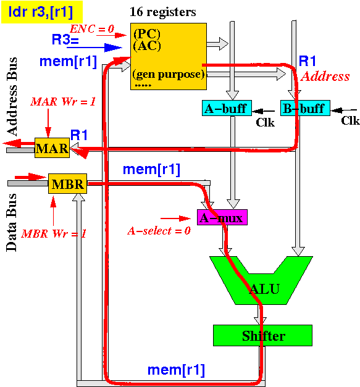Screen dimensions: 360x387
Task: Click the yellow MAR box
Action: point(52,148)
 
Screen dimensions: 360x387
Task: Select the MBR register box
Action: point(67,184)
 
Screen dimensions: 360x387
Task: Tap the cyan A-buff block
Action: point(227,108)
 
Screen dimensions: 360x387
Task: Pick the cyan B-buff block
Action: point(305,108)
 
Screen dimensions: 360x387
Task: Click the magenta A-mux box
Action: point(222,217)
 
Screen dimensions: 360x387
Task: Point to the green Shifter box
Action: point(262,335)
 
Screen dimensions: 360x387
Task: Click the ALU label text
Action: point(264,289)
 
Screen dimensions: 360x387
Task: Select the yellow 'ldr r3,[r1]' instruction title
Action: point(42,12)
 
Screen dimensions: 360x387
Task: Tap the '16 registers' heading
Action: point(163,12)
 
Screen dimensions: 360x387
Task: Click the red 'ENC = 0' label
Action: point(92,29)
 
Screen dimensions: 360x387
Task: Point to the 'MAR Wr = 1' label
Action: point(63,101)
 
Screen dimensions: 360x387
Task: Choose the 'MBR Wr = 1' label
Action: point(54,233)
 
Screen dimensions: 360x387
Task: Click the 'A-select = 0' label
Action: point(159,231)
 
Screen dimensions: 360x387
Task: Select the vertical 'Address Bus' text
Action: point(12,96)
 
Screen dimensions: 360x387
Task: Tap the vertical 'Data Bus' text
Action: point(12,223)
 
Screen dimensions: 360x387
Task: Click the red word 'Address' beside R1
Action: point(325,77)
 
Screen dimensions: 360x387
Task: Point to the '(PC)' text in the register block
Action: point(147,34)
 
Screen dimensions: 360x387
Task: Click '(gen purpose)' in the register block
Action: point(169,74)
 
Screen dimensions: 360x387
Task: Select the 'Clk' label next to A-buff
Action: point(265,122)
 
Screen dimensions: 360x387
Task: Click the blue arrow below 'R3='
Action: point(94,48)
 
